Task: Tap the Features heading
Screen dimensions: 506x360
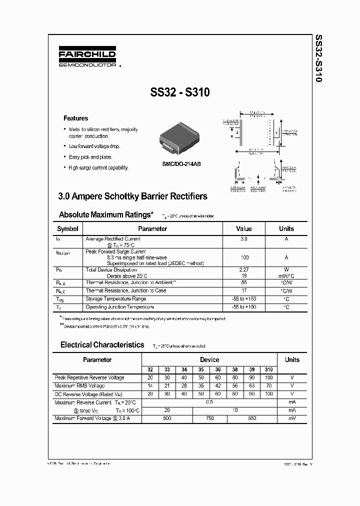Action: coord(75,118)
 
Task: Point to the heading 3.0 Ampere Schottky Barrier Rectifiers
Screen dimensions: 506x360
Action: coord(133,196)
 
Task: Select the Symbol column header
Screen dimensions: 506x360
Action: coord(67,229)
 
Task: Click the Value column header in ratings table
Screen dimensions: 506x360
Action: coord(243,229)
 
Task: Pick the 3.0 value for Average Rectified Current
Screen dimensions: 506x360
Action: coord(243,239)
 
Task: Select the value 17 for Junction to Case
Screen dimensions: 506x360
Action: coord(243,290)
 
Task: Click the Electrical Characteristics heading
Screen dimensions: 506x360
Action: coord(102,345)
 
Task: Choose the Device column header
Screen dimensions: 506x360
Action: coord(209,359)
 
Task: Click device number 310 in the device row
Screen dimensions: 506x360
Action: coord(269,369)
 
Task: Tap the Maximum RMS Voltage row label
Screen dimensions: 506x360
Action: coord(79,386)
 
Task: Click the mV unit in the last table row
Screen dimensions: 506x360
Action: coord(292,418)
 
